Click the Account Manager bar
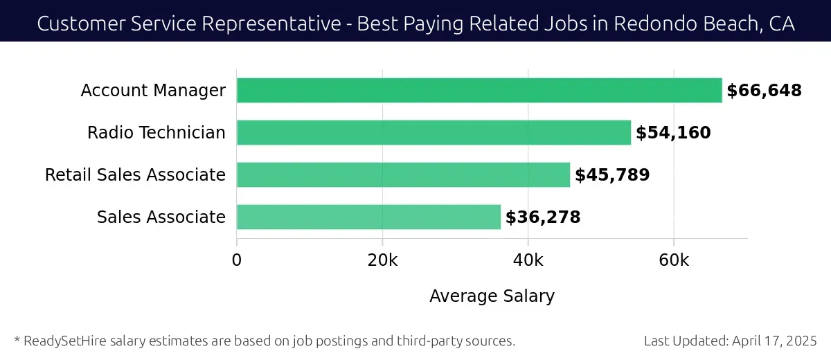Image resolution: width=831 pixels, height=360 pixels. [479, 91]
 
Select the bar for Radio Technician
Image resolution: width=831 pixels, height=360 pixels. [434, 132]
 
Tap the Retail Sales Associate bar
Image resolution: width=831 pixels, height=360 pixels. [403, 174]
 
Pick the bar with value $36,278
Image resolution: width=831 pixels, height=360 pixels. [368, 217]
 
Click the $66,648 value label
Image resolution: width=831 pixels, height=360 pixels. [764, 91]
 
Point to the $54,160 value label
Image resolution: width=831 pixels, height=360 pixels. [673, 133]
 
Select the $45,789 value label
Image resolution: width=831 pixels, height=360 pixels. [612, 175]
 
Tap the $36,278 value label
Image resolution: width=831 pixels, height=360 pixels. [543, 217]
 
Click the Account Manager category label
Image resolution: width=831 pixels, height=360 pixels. [153, 91]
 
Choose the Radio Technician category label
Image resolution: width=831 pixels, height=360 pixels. [157, 133]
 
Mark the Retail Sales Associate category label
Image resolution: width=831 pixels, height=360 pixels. [135, 175]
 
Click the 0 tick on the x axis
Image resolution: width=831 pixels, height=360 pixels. [237, 260]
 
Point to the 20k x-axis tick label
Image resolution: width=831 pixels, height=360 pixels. [382, 260]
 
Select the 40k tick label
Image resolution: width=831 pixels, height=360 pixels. [528, 260]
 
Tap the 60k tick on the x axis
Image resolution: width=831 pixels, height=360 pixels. [674, 260]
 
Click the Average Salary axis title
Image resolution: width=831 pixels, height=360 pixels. [492, 296]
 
